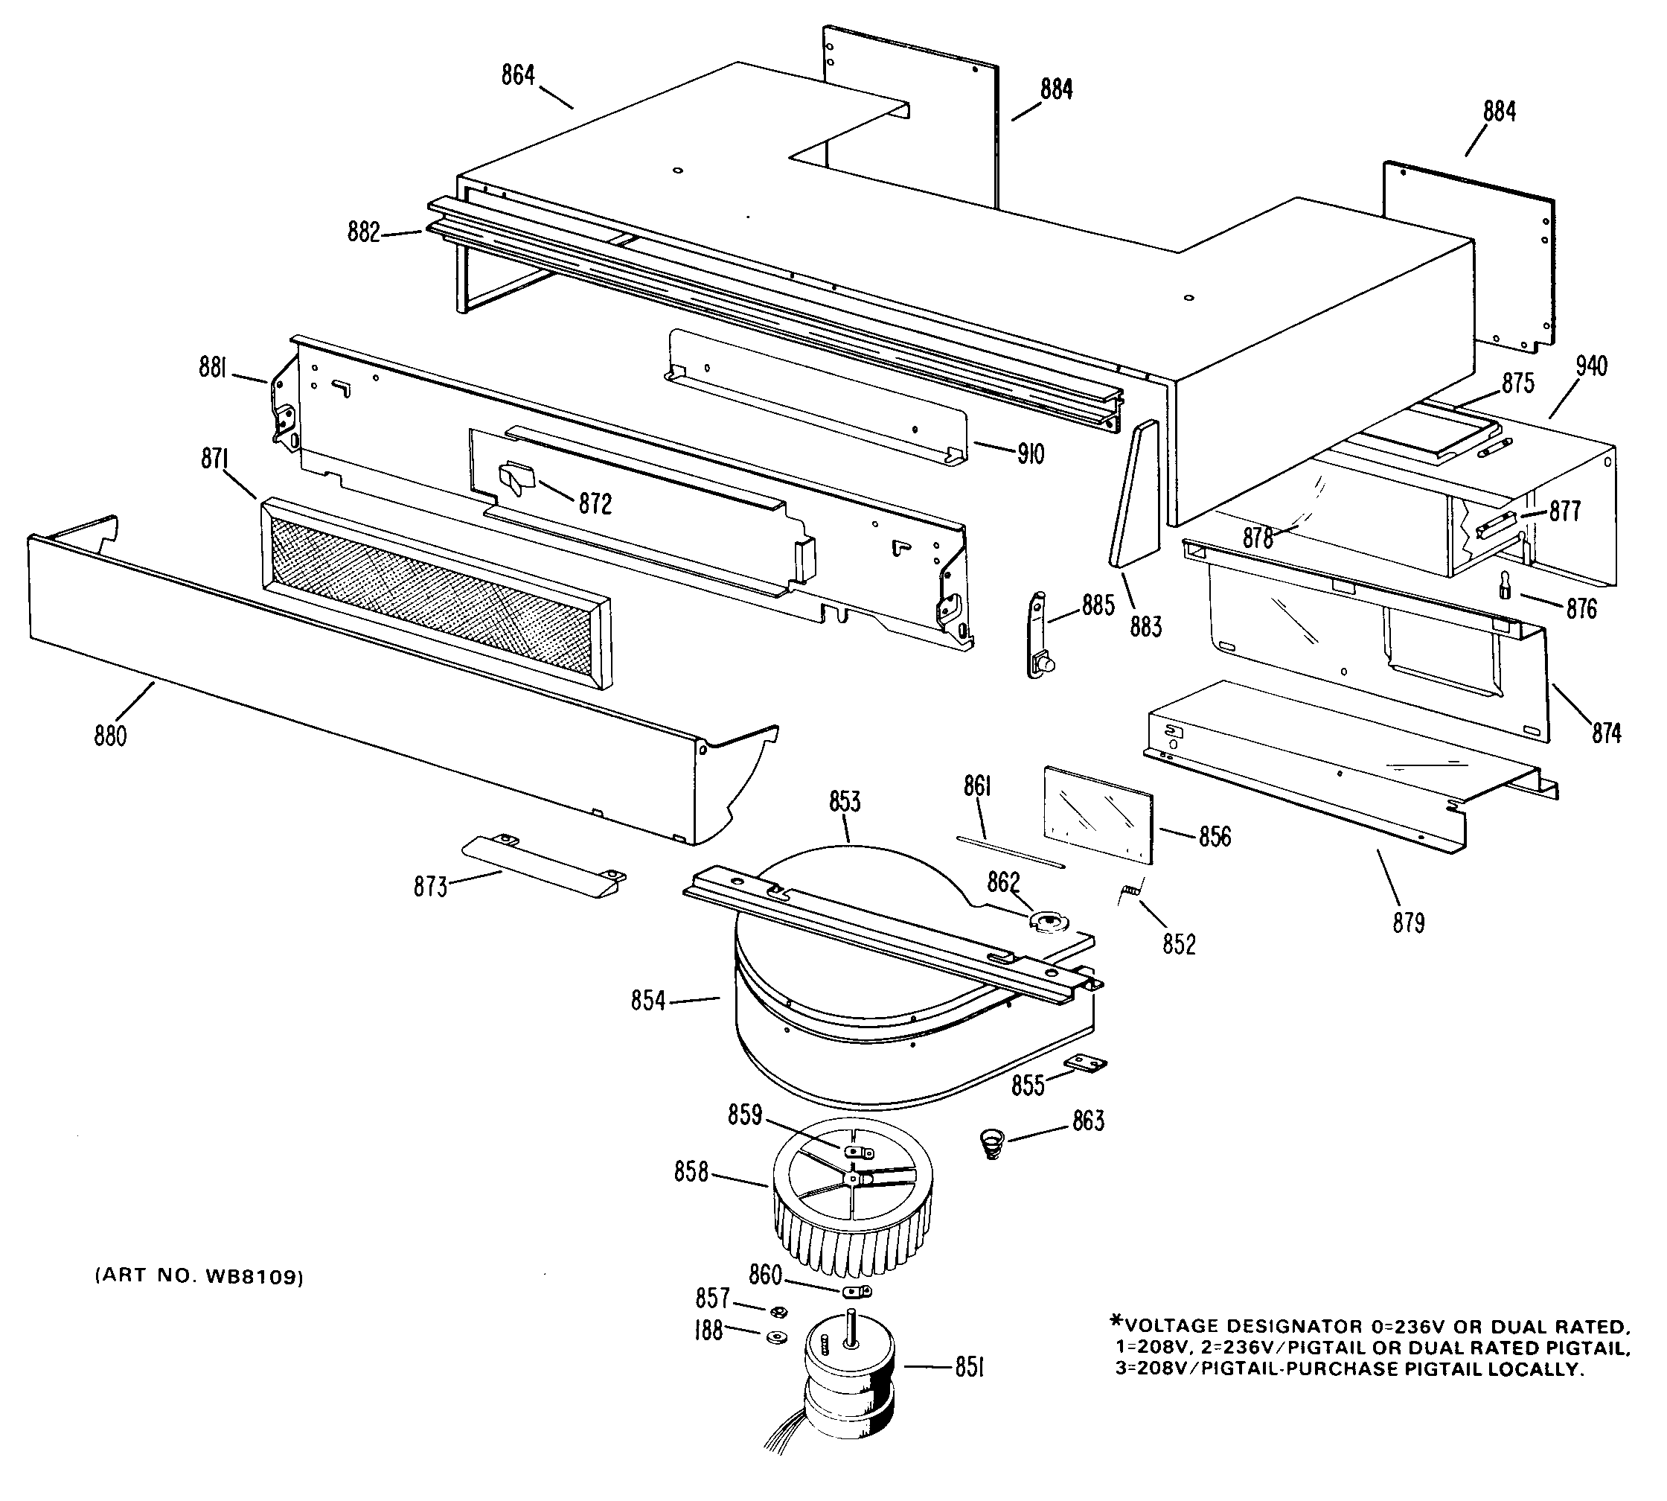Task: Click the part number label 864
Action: coord(518,75)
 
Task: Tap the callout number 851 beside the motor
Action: coord(970,1368)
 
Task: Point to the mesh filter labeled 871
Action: coord(437,591)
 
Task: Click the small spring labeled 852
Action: coord(1130,891)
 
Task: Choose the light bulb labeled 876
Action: coord(1506,587)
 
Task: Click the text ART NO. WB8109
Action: coord(199,1277)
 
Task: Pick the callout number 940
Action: coord(1591,366)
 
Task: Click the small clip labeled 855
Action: coord(1086,1065)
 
